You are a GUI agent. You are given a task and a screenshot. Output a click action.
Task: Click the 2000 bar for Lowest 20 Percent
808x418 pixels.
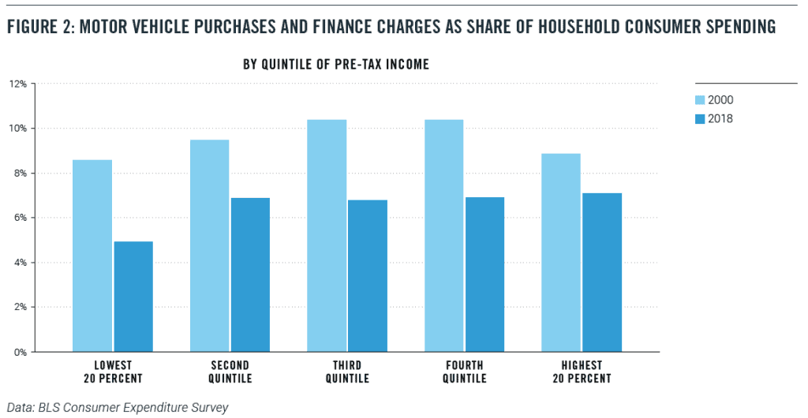coord(92,256)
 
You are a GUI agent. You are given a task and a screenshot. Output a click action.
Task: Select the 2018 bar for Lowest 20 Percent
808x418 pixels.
coord(133,297)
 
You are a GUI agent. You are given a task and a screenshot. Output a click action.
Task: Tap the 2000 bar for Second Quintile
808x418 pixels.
coord(209,245)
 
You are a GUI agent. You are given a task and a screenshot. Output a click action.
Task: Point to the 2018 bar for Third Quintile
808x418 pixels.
coord(368,275)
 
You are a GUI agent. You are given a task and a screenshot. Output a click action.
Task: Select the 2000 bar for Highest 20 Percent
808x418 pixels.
coord(561,252)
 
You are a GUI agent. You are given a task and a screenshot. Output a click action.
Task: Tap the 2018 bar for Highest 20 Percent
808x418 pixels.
coord(602,272)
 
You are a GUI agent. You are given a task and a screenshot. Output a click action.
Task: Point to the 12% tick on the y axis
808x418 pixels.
coord(18,84)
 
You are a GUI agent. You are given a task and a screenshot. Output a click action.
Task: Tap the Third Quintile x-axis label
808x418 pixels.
coord(347,371)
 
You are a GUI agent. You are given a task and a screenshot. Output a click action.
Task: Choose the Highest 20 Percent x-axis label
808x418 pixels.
coord(582,371)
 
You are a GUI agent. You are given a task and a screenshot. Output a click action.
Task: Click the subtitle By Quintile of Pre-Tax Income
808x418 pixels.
coord(336,65)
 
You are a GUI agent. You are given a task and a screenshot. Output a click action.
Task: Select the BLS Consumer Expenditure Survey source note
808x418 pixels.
coord(117,407)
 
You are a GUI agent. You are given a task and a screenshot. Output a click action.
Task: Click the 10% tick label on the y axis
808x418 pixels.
coord(18,129)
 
